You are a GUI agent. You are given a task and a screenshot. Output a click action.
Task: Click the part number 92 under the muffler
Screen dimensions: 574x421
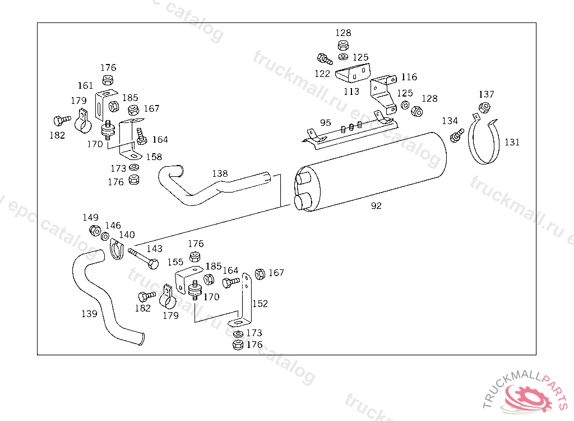(x=376, y=206)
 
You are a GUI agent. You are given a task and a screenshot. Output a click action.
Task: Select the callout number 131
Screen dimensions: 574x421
(x=512, y=142)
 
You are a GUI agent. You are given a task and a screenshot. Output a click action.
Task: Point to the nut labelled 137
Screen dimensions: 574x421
(x=484, y=107)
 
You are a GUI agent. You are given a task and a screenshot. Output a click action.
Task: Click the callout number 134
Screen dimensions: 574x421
(x=450, y=121)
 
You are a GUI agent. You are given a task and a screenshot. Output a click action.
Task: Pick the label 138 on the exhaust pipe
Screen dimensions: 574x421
(x=220, y=173)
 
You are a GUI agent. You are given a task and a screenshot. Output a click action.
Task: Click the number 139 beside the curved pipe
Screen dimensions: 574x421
(x=89, y=314)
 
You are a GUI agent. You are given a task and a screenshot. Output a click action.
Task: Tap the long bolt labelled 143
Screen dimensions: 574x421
(x=143, y=258)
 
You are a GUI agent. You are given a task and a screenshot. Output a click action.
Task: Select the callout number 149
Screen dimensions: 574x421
(x=90, y=217)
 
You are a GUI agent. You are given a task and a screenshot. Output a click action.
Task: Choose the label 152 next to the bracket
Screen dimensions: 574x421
(x=260, y=304)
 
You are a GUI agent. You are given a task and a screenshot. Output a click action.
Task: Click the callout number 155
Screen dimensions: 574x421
(x=175, y=262)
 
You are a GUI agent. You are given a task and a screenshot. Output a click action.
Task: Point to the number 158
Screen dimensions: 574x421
(x=154, y=157)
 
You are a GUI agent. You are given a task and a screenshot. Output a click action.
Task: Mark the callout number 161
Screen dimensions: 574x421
(x=85, y=86)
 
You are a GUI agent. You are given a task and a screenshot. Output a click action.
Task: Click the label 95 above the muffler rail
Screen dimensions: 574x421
(x=326, y=123)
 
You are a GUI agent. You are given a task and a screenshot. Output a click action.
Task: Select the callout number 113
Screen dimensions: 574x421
(x=351, y=91)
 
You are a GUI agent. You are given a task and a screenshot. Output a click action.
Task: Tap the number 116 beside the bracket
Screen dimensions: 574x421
(x=409, y=77)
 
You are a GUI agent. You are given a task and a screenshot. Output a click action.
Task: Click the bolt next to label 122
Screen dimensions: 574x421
(x=325, y=59)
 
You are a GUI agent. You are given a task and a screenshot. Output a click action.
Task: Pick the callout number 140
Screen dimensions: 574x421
(x=127, y=235)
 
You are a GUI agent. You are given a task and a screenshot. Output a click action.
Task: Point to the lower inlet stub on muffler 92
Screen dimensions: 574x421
(x=302, y=202)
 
